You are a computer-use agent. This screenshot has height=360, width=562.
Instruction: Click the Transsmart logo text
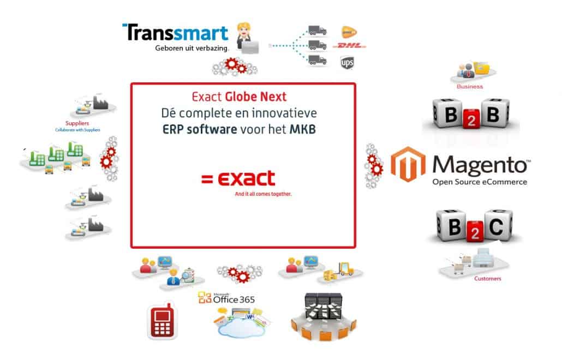click(175, 33)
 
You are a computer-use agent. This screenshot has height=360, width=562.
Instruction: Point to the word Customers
click(487, 279)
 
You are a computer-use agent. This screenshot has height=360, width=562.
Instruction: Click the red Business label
click(469, 86)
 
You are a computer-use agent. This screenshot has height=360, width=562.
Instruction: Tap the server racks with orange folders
click(322, 313)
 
